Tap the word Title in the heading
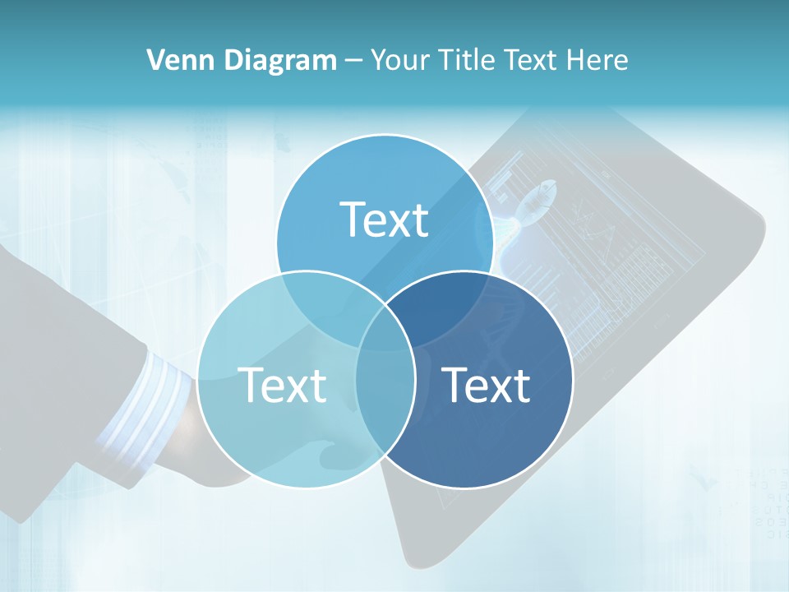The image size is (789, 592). [x=467, y=60]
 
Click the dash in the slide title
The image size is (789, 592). [x=353, y=61]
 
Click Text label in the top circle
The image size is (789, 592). [x=385, y=220]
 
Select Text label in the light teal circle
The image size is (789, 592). [x=282, y=385]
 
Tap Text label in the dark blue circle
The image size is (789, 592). [x=487, y=385]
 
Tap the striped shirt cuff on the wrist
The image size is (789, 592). [x=144, y=403]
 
